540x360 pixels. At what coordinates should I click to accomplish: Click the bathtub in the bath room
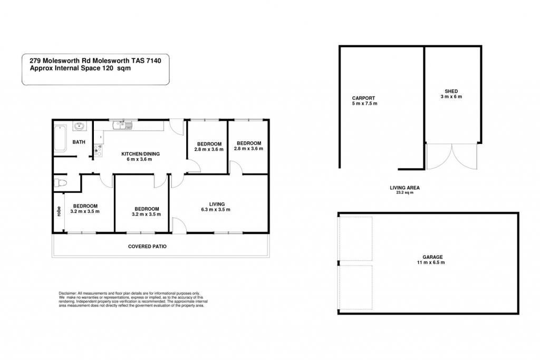point(60,138)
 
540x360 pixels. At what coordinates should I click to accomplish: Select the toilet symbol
point(61,183)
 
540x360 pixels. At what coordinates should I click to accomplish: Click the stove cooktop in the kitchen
point(98,151)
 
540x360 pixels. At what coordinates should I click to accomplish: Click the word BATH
point(79,142)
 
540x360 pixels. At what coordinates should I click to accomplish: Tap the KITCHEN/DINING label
point(140,154)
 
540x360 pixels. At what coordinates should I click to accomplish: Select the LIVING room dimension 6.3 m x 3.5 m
point(216,210)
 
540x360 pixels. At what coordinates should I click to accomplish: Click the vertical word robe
point(59,211)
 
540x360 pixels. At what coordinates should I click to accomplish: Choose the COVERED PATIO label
point(148,247)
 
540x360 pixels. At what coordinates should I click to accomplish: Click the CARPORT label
point(363,98)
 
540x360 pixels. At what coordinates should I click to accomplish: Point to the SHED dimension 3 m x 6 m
point(451,96)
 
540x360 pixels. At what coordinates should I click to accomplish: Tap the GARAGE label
point(432,257)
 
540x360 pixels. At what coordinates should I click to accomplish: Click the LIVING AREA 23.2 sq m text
point(404,190)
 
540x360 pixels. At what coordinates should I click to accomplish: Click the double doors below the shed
point(451,157)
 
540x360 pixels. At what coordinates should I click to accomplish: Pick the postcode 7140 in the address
point(153,61)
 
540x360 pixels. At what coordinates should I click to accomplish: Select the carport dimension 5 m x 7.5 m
point(365,104)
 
